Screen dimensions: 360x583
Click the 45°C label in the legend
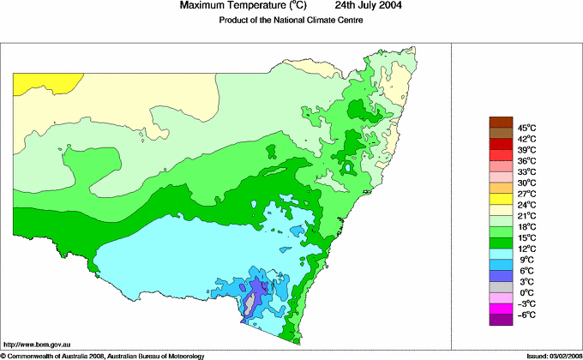tap(526, 128)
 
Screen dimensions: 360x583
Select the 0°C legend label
tap(526, 292)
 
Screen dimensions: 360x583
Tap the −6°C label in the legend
tap(526, 315)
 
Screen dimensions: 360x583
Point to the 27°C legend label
tap(526, 194)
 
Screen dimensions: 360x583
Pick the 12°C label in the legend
tap(526, 249)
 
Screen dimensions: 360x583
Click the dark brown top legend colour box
tap(501, 122)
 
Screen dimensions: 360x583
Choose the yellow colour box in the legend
tap(501, 199)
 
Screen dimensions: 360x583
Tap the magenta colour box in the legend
tap(501, 309)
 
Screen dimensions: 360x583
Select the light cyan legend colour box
tap(501, 254)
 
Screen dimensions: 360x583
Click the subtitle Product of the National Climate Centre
tap(291, 21)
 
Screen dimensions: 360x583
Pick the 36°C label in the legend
tap(526, 161)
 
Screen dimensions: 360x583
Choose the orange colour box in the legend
tap(501, 188)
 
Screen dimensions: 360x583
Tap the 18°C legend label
tap(526, 226)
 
